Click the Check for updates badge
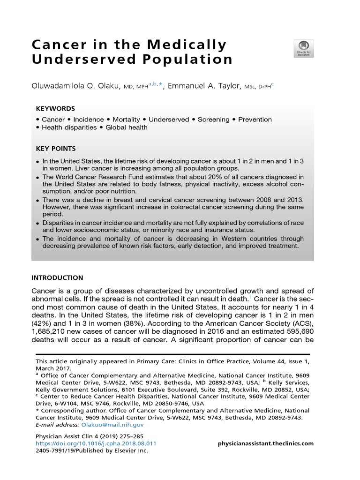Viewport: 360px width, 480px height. pyautogui.click(x=303, y=49)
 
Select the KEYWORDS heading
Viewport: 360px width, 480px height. pyautogui.click(x=55, y=108)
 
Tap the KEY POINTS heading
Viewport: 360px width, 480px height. pyautogui.click(x=56, y=149)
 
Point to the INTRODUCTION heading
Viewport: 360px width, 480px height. pyautogui.click(x=57, y=277)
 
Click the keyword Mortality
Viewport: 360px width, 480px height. pyautogui.click(x=126, y=120)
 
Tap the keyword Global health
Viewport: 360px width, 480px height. pyautogui.click(x=126, y=127)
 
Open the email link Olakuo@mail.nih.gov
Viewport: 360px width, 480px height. pyautogui.click(x=112, y=424)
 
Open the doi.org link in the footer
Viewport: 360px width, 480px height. pyautogui.click(x=96, y=443)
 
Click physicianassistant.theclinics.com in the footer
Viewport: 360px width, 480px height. pyautogui.click(x=266, y=443)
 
